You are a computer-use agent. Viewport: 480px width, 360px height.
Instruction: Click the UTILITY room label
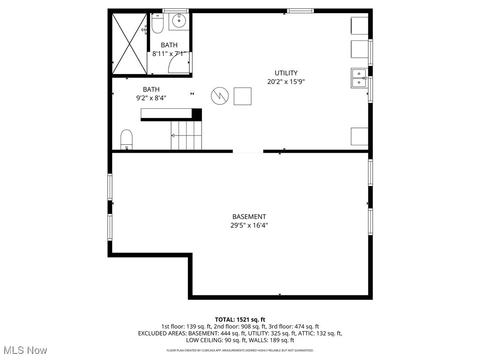(286, 73)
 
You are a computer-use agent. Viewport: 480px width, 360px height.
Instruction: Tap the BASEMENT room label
(249, 217)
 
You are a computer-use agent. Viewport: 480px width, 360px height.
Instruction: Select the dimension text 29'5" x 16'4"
(249, 225)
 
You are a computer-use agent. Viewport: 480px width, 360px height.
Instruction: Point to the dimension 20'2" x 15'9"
(286, 81)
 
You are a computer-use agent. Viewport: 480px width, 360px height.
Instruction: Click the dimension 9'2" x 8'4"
(151, 98)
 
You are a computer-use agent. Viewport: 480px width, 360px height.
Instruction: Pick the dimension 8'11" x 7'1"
(169, 53)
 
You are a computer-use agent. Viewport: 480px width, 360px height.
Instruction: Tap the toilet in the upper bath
(157, 24)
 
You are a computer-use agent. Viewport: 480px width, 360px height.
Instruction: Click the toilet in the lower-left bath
(127, 140)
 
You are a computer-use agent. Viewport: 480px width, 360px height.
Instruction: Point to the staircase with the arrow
(186, 135)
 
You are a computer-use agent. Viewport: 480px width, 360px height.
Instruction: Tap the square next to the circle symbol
(242, 96)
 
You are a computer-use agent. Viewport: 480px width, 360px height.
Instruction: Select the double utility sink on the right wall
(359, 78)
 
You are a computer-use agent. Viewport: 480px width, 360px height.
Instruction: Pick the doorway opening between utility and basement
(248, 151)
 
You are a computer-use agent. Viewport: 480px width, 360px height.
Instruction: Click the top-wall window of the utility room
(300, 10)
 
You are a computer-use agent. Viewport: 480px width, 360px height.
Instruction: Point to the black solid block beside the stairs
(197, 114)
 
